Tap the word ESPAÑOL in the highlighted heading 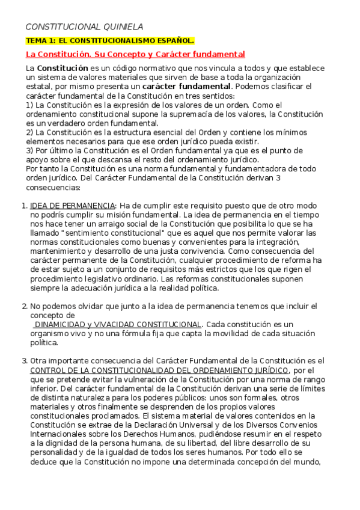[x=172, y=41]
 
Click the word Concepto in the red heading [x=128, y=54]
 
